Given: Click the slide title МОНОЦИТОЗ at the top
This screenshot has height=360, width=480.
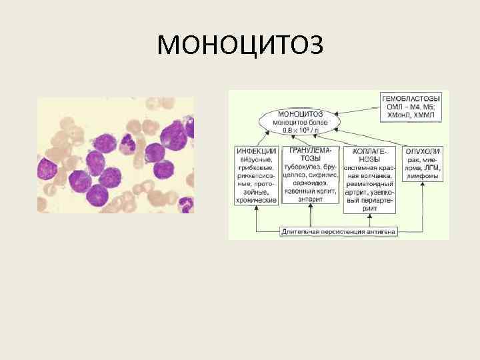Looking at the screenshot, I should click(x=240, y=45).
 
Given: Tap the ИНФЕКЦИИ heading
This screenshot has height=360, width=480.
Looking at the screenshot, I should click(x=256, y=151).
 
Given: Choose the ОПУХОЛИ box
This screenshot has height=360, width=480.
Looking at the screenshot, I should click(x=423, y=151).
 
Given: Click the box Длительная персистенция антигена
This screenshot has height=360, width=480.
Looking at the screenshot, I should click(x=339, y=231).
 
